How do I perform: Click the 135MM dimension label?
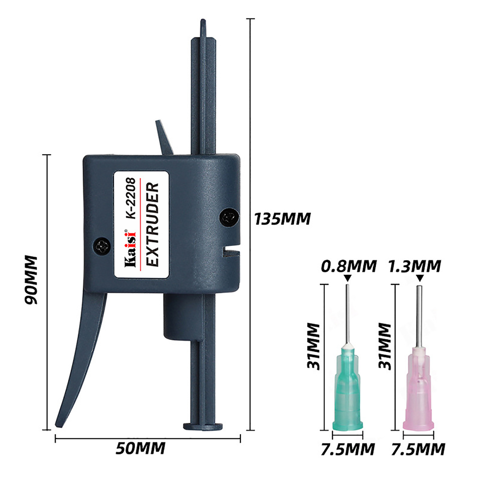[282, 219]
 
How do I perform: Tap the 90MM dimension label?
[31, 280]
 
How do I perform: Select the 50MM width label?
[140, 448]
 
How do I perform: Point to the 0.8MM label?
[349, 266]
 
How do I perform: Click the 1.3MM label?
[415, 266]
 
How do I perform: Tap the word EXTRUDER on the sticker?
[152, 224]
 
